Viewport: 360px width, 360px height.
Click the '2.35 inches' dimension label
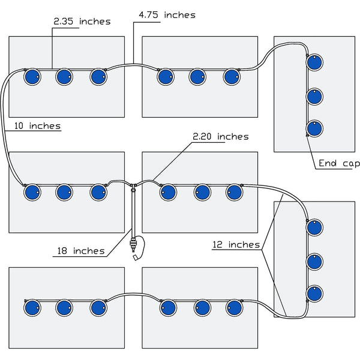[82, 22]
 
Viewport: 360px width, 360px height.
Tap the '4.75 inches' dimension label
[167, 14]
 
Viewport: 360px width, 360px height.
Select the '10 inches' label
[37, 126]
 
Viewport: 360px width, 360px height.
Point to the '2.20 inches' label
[220, 137]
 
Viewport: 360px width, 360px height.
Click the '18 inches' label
[81, 251]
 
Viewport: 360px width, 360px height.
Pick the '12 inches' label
[236, 244]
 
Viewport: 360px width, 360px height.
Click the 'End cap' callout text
[338, 163]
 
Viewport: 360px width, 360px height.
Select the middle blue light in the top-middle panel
[197, 77]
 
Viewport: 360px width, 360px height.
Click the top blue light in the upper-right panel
[314, 62]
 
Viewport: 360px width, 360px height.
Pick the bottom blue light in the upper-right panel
[314, 128]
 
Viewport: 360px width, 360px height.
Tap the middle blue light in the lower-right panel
[314, 261]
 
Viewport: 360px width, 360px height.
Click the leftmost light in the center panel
[169, 192]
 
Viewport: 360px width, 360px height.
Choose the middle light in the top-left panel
[64, 77]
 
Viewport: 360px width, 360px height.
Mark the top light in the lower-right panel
[314, 228]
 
